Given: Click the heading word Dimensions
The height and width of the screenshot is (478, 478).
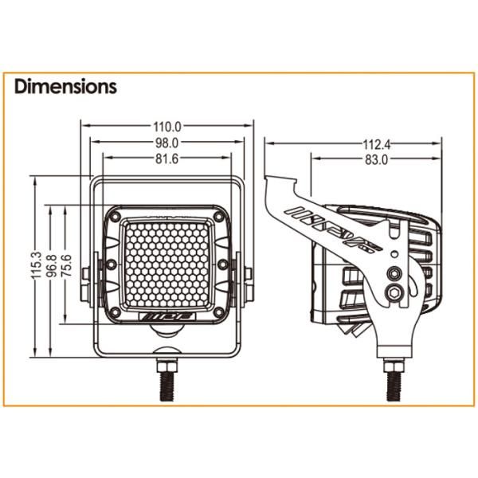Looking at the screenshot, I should [x=65, y=86].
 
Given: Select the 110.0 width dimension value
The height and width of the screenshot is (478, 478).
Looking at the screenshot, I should [x=167, y=126].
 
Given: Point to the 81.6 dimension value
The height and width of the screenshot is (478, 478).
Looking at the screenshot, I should [x=167, y=159].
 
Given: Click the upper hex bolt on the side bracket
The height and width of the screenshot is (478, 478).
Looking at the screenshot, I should [x=393, y=273].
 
